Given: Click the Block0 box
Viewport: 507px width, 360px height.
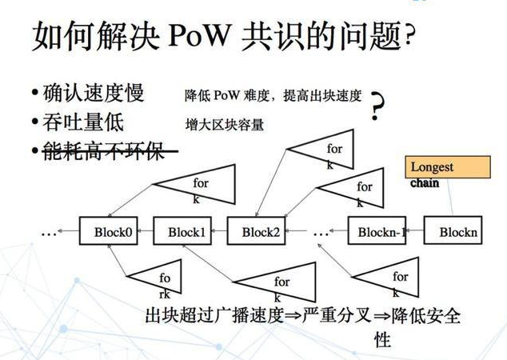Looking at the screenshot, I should [106, 232].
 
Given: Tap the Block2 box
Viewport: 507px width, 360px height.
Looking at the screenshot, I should [257, 232].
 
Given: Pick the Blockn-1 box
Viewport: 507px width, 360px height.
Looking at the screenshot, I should [376, 232].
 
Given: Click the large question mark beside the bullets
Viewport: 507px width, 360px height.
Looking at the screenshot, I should [377, 108].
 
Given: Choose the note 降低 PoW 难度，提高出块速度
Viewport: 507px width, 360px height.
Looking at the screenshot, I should [273, 95].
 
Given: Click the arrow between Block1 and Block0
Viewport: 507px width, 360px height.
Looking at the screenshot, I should [143, 233].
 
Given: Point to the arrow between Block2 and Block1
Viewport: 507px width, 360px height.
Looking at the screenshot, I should [218, 233].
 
